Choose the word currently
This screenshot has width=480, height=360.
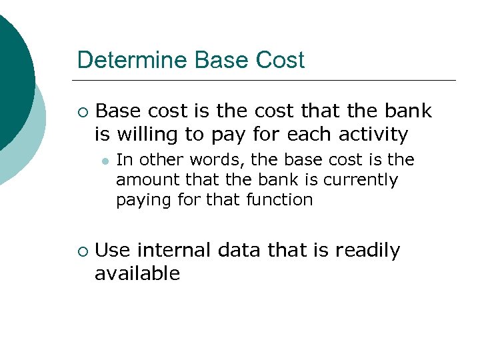(361, 180)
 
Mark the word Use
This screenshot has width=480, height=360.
(113, 251)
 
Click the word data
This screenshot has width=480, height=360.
(238, 251)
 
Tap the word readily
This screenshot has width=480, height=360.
(367, 251)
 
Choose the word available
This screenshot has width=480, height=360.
(137, 273)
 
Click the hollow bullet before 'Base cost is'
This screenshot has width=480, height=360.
(81, 111)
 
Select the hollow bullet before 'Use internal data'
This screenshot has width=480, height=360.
(81, 251)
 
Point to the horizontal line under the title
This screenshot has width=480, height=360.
(267, 81)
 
